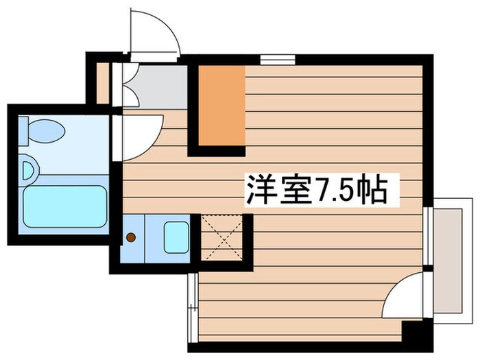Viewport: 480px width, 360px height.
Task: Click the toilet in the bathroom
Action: click(45, 128)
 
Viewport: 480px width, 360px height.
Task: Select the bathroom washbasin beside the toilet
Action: click(28, 169)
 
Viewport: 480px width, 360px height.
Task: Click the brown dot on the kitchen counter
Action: click(130, 238)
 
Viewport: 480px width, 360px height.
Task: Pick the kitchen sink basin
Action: click(176, 237)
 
